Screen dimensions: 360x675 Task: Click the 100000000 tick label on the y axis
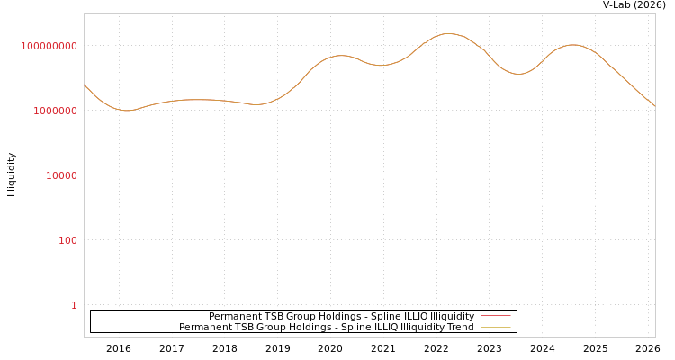point(49,46)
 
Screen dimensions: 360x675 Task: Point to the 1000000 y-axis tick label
point(55,111)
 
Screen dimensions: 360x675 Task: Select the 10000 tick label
point(61,175)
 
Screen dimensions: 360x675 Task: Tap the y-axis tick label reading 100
point(67,240)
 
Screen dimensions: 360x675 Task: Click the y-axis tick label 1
point(74,305)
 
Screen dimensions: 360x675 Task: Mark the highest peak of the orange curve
point(448,34)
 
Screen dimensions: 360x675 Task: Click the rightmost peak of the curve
point(572,44)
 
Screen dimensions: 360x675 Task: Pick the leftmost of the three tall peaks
point(340,56)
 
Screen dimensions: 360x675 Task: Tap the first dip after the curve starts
point(127,111)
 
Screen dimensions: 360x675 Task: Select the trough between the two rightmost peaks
point(518,74)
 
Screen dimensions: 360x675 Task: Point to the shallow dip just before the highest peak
point(382,65)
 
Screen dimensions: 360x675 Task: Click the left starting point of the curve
point(85,85)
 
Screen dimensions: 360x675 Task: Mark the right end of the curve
point(654,106)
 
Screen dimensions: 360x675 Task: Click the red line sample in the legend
point(495,316)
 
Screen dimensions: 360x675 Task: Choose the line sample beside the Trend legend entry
point(495,327)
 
